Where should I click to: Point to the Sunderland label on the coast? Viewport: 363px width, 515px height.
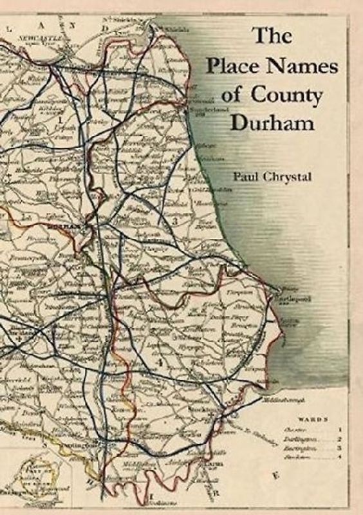[x=201, y=110]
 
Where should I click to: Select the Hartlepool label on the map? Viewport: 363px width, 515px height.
[x=295, y=298]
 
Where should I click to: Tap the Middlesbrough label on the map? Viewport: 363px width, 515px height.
[x=264, y=400]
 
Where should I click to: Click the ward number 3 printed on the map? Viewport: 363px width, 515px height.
[x=175, y=221]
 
